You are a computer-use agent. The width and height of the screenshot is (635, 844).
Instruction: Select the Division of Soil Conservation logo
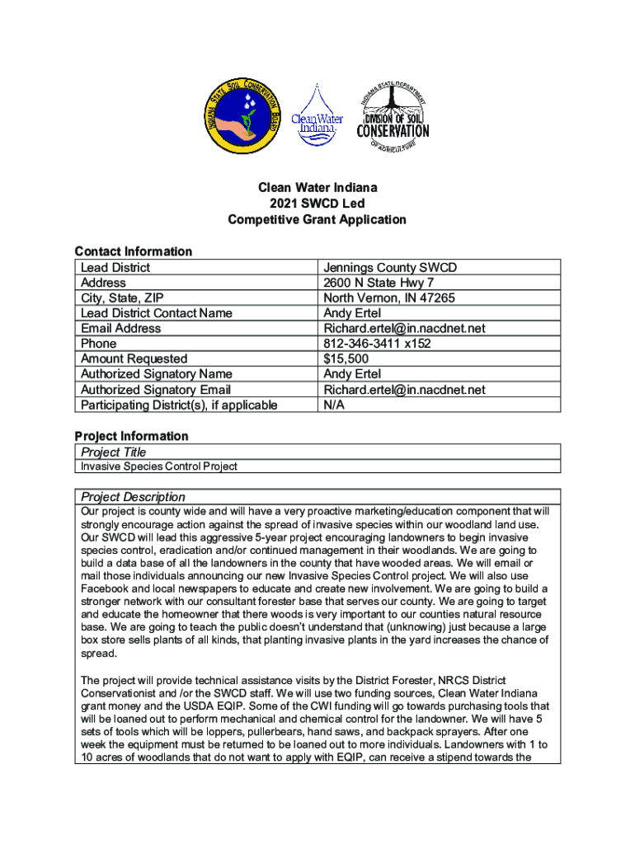click(x=393, y=118)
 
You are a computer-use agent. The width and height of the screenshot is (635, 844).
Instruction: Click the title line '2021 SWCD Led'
click(x=317, y=204)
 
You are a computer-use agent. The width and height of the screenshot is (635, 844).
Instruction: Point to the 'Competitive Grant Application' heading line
click(x=317, y=219)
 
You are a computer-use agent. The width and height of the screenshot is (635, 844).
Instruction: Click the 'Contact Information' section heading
click(x=134, y=251)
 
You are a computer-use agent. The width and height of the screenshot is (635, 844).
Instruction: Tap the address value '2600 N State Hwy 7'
click(x=379, y=283)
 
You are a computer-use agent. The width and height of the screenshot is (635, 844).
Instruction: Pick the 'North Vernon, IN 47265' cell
click(x=388, y=298)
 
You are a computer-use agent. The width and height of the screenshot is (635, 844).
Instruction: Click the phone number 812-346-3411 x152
click(x=377, y=344)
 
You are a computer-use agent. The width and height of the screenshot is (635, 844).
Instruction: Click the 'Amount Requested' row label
click(x=134, y=359)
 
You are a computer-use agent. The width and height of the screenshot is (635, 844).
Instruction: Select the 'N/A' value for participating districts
click(x=334, y=405)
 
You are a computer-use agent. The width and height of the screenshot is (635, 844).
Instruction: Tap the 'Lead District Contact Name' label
click(x=157, y=313)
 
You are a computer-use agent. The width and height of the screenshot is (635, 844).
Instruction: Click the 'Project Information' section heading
click(x=132, y=436)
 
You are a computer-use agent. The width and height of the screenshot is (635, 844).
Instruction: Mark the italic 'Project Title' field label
click(x=114, y=452)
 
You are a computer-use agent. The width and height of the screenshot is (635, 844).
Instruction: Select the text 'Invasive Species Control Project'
click(x=159, y=467)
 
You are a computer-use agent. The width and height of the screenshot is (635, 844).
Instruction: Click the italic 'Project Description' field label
click(x=133, y=497)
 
